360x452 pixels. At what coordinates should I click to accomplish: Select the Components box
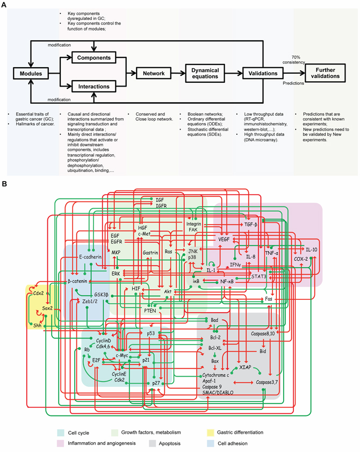pyautogui.click(x=93, y=57)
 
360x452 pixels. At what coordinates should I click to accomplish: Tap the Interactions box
pyautogui.click(x=93, y=86)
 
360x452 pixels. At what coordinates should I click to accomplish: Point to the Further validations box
pyautogui.click(x=326, y=71)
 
